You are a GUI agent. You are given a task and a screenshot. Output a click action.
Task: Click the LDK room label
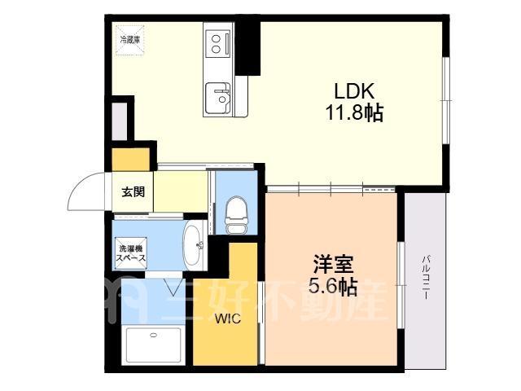click(354, 90)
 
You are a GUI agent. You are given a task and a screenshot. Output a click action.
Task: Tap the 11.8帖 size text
click(354, 112)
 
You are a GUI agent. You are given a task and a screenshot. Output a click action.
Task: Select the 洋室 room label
click(333, 264)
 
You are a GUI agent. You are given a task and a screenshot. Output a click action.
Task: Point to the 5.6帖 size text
click(333, 286)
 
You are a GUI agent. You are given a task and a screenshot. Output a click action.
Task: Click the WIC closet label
click(228, 319)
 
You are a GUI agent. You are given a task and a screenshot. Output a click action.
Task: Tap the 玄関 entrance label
click(133, 192)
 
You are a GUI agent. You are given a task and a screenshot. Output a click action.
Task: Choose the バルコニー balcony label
click(425, 278)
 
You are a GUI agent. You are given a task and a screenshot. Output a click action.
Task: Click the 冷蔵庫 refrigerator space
click(130, 40)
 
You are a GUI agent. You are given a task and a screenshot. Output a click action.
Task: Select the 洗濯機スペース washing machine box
click(130, 253)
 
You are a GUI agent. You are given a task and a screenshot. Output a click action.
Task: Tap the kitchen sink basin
click(217, 98)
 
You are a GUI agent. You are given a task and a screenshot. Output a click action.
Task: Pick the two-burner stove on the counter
click(218, 43)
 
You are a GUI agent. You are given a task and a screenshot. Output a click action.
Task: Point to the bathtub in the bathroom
click(153, 345)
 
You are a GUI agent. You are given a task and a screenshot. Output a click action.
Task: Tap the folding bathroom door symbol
click(174, 287)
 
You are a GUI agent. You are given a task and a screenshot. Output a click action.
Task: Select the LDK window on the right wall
click(446, 100)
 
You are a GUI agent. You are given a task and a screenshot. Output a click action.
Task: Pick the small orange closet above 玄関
click(130, 160)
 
